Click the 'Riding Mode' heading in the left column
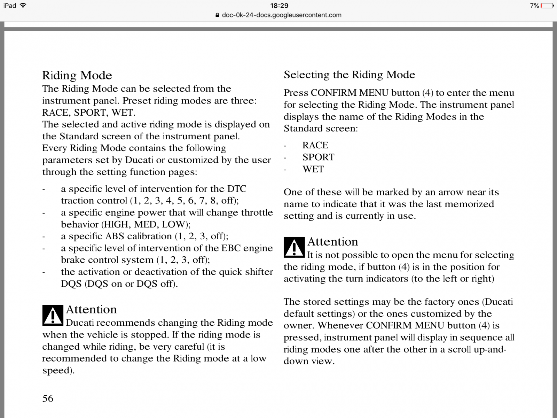coord(77,75)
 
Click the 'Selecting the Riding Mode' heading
coord(349,75)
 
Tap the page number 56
coord(48,398)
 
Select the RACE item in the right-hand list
coord(315,145)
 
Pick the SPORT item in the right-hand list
coord(318,157)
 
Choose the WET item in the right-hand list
coord(313,169)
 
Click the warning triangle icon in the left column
coord(53,315)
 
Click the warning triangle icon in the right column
coord(294,247)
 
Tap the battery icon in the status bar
coord(547,6)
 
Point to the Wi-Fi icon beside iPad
coord(23,6)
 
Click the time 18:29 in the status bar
coord(279,6)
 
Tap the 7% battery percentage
coord(534,6)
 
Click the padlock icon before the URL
coord(218,15)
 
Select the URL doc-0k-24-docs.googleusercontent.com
coord(281,15)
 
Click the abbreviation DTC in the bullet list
coord(237,189)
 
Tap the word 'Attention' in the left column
coord(91,309)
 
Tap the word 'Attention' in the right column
coord(332,242)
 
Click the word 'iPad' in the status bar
coord(10,6)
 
